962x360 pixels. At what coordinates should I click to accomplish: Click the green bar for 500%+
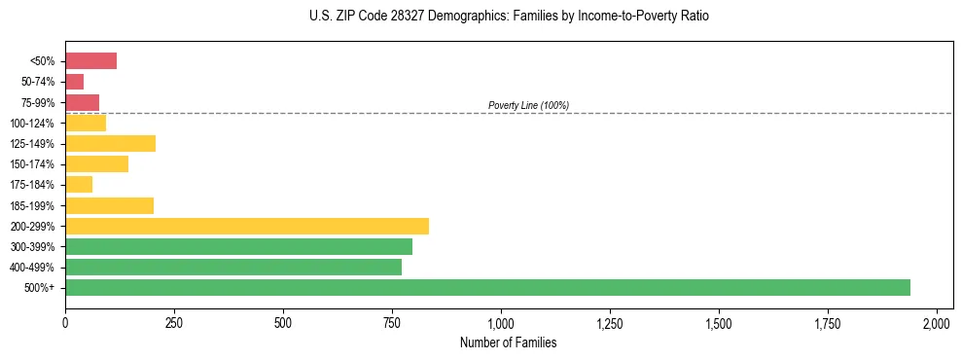pyautogui.click(x=487, y=287)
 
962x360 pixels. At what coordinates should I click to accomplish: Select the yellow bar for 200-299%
pyautogui.click(x=247, y=226)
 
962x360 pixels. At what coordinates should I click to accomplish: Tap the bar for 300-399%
pyautogui.click(x=238, y=246)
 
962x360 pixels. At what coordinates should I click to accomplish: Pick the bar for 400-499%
pyautogui.click(x=233, y=267)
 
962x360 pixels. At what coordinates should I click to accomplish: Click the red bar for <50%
pyautogui.click(x=90, y=61)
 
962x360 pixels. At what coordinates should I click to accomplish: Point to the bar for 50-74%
pyautogui.click(x=74, y=82)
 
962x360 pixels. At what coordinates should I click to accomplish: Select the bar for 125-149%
pyautogui.click(x=110, y=144)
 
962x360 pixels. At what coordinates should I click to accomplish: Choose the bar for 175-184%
pyautogui.click(x=79, y=185)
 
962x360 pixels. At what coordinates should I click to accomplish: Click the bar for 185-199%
pyautogui.click(x=109, y=205)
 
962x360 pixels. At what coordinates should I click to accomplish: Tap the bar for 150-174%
pyautogui.click(x=96, y=164)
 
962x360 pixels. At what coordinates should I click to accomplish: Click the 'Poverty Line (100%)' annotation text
pyautogui.click(x=528, y=105)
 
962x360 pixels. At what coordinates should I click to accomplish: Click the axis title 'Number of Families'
pyautogui.click(x=508, y=342)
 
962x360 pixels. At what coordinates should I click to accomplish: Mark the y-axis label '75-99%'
pyautogui.click(x=39, y=103)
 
